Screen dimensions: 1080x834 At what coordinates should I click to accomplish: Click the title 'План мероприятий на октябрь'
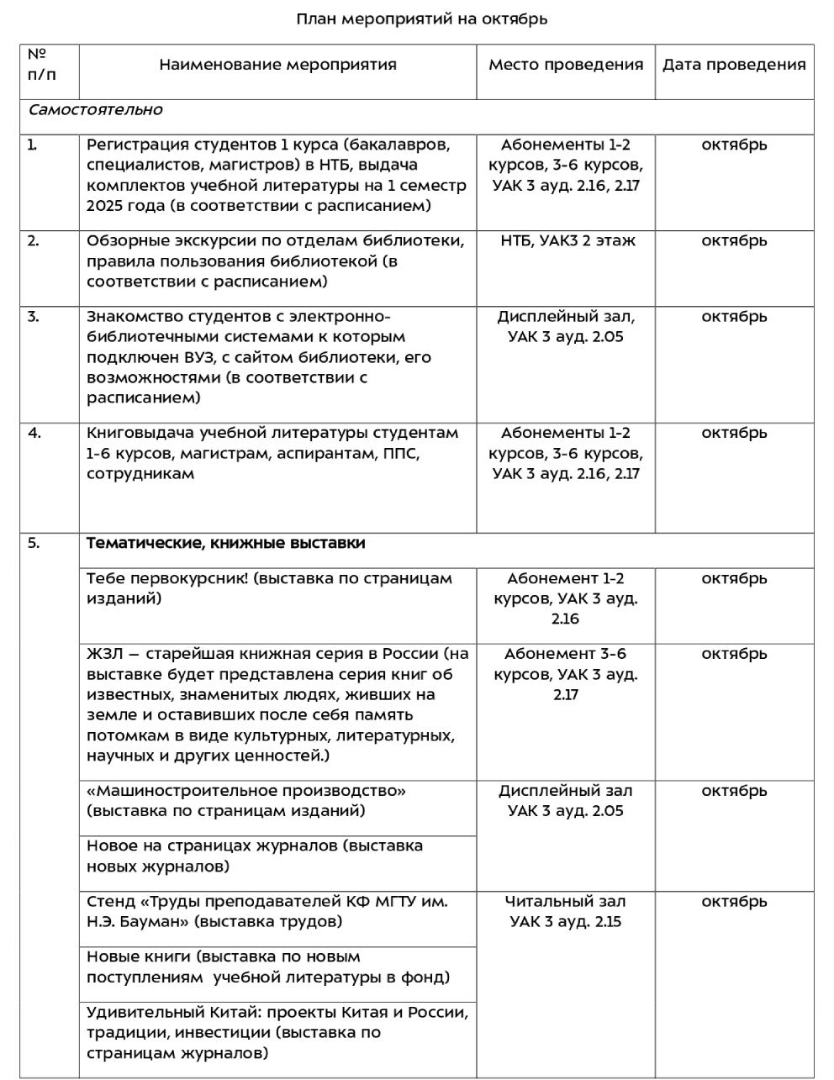point(421,18)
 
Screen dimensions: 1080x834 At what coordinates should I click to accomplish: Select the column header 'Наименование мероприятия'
point(277,65)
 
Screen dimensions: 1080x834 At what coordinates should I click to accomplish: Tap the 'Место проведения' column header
point(566,65)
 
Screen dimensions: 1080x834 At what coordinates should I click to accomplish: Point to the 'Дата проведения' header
point(734,65)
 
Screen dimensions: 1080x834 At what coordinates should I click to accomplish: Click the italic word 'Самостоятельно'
point(95,110)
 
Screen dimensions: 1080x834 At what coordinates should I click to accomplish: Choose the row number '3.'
point(34,317)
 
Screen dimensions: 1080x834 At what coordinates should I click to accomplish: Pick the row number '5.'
point(34,543)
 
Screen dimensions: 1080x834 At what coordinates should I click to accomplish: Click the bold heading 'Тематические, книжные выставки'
point(225,543)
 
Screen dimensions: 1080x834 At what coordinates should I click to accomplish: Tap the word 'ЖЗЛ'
point(104,654)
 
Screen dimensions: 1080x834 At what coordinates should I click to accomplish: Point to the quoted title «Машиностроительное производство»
point(246,791)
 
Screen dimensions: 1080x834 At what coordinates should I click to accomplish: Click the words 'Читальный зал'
point(566,902)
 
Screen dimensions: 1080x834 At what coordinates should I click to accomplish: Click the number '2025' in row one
point(105,206)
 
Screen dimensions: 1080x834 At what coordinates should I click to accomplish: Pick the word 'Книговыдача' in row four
point(140,434)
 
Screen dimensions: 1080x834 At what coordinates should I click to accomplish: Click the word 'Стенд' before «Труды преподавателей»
point(110,902)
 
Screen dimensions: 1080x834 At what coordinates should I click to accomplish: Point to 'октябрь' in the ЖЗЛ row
point(734,654)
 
